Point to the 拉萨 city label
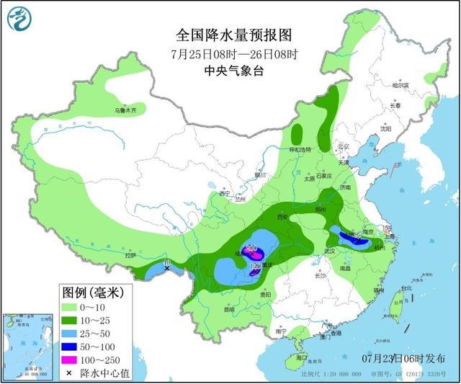pyautogui.click(x=130, y=256)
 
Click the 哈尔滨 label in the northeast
pyautogui.click(x=400, y=85)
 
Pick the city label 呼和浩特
pyautogui.click(x=300, y=150)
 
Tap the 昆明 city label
pyautogui.click(x=228, y=311)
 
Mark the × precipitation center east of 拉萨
pyautogui.click(x=167, y=267)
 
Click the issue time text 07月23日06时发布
pyautogui.click(x=403, y=359)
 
